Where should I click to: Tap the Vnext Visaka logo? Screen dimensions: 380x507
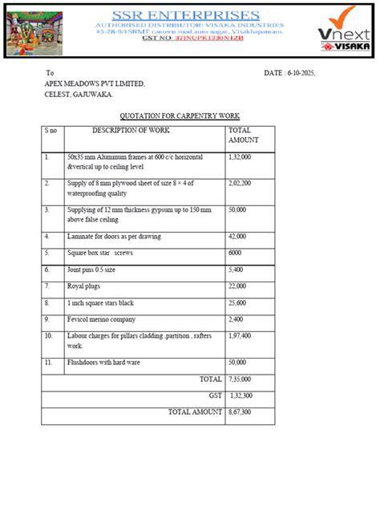(338, 30)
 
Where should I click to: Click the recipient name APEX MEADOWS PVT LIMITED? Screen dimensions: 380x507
(95, 84)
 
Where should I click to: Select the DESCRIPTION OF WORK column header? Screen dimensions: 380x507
(131, 130)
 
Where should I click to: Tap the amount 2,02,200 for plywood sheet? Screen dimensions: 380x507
(241, 184)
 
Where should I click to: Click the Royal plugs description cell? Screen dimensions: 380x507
(87, 286)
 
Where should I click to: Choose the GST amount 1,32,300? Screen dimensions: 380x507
(241, 395)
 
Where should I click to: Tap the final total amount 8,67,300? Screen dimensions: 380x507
(240, 412)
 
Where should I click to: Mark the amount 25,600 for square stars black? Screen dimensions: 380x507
(239, 302)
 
